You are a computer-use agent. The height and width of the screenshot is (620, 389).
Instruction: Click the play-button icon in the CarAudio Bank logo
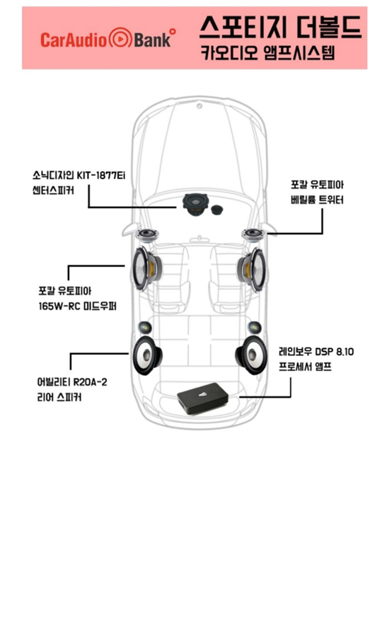pos(120,38)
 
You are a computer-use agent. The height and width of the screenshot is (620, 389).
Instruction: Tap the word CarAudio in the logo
pos(74,40)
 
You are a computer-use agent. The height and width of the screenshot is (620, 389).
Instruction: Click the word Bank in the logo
pos(153,40)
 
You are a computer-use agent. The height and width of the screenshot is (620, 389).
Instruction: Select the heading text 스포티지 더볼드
pos(280,26)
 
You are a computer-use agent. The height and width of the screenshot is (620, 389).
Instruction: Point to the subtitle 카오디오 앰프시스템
pos(268,52)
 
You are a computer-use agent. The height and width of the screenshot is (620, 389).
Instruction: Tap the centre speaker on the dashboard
pos(194,205)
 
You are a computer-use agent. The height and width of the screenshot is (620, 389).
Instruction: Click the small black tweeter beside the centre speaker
pos(216,209)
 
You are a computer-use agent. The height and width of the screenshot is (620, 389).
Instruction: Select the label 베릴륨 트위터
pos(317,200)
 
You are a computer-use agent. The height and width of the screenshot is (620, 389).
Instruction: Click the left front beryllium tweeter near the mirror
pos(147,235)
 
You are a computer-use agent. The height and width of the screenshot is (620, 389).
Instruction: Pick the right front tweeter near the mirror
pos(252,235)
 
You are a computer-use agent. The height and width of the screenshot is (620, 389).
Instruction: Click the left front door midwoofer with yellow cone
pos(146,268)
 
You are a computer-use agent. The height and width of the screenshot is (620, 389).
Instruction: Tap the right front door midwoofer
pos(251,269)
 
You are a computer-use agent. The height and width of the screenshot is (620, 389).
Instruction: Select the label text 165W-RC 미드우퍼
pos(78,306)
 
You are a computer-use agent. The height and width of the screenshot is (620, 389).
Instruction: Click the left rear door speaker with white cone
pos(147,355)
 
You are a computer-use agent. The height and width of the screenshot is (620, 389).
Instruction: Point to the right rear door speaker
pos(250,355)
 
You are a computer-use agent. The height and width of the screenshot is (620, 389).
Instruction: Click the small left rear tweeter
pos(145,328)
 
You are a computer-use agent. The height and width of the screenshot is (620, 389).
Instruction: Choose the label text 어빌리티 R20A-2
pos(72,382)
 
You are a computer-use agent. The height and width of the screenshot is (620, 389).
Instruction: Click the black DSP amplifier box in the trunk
pos(203,398)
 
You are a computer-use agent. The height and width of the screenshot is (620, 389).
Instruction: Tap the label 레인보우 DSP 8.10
pos(316,351)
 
